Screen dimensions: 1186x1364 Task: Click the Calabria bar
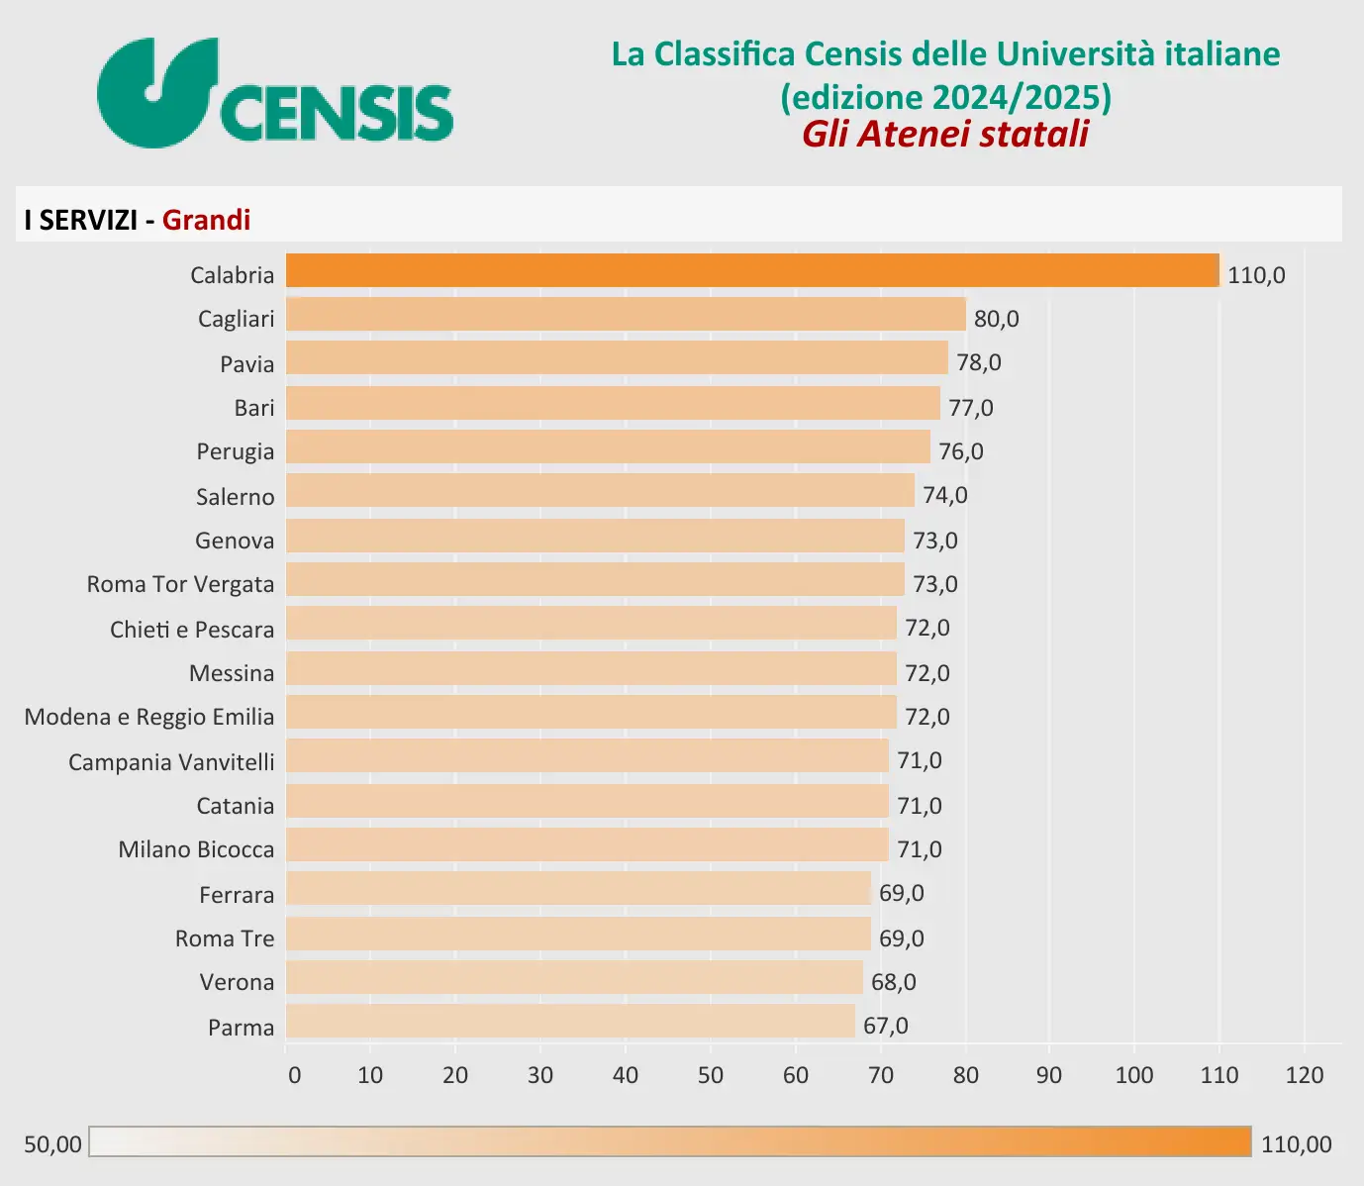752,271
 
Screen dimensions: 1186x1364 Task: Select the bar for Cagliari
626,315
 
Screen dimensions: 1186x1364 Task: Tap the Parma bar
570,1022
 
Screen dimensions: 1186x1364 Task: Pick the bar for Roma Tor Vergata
595,580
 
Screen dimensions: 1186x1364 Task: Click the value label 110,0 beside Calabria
1256,275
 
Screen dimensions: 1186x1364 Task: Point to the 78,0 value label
979,362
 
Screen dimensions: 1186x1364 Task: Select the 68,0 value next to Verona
894,982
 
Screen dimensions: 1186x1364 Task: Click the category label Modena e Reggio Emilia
149,717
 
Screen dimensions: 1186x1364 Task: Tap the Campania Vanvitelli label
171,762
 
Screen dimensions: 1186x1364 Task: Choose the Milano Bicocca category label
196,849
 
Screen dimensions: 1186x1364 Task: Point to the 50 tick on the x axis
710,1075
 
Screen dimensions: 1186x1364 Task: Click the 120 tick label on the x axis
1305,1075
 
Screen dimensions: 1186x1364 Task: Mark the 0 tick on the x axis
294,1075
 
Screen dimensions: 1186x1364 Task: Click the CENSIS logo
275,94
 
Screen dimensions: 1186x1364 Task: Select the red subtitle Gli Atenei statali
945,134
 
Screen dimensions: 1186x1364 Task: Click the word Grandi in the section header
206,220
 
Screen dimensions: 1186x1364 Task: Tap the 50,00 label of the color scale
52,1144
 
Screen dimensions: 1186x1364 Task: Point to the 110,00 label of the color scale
1296,1144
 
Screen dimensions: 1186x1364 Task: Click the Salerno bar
600,491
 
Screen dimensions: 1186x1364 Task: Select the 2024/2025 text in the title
1017,97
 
